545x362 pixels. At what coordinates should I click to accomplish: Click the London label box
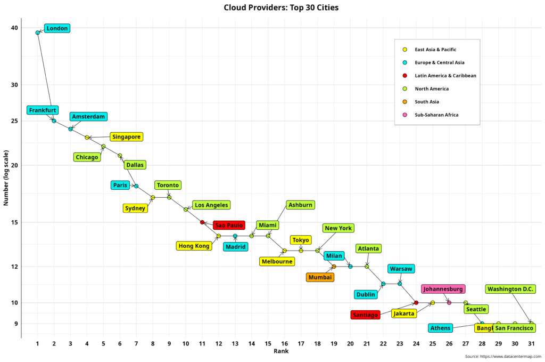pyautogui.click(x=56, y=28)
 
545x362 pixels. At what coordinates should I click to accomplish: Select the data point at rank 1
pyautogui.click(x=38, y=33)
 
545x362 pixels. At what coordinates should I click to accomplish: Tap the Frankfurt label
pyautogui.click(x=43, y=110)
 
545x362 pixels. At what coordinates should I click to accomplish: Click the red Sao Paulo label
pyautogui.click(x=229, y=225)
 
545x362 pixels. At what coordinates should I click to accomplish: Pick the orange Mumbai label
pyautogui.click(x=320, y=277)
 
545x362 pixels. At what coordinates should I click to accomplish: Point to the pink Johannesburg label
pyautogui.click(x=443, y=289)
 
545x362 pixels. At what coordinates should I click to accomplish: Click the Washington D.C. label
pyautogui.click(x=510, y=289)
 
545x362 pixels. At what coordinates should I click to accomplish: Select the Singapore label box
pyautogui.click(x=126, y=137)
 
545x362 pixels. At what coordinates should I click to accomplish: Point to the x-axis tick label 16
pyautogui.click(x=285, y=343)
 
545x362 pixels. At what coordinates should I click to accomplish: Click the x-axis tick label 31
pyautogui.click(x=531, y=343)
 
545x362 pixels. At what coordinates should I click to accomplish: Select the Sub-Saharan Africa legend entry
pyautogui.click(x=436, y=115)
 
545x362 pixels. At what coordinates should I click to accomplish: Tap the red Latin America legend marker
pyautogui.click(x=405, y=76)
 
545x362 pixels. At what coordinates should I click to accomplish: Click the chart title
pyautogui.click(x=281, y=7)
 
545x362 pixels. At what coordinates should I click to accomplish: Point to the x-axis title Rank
pyautogui.click(x=281, y=351)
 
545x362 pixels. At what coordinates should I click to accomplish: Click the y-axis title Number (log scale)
pyautogui.click(x=7, y=178)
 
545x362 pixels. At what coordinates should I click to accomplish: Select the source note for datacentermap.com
pyautogui.click(x=502, y=356)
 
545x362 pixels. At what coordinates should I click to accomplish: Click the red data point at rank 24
pyautogui.click(x=416, y=303)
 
